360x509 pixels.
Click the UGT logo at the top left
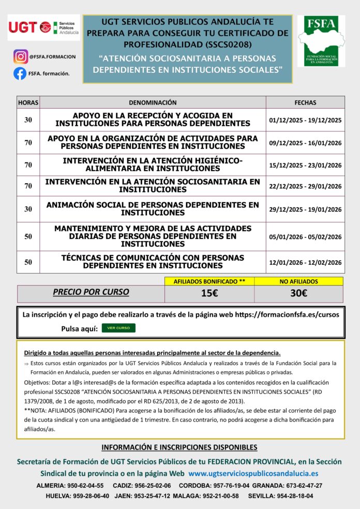(44, 27)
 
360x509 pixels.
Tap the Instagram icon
(21, 56)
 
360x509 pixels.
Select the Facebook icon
(20, 73)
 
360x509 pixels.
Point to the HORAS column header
(28, 102)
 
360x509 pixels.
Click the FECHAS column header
(305, 102)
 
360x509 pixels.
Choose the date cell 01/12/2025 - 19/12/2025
(305, 120)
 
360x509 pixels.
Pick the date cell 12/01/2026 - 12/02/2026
(305, 262)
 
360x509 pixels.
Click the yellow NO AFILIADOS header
(298, 281)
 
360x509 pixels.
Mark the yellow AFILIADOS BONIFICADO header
(209, 281)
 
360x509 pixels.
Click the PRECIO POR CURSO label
(91, 292)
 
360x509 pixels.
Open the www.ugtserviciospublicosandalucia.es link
(253, 473)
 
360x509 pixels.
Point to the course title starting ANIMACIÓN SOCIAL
(153, 209)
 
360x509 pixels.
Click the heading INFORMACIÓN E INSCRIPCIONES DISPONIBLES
(179, 447)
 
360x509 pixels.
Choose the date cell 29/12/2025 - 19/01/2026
(305, 209)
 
